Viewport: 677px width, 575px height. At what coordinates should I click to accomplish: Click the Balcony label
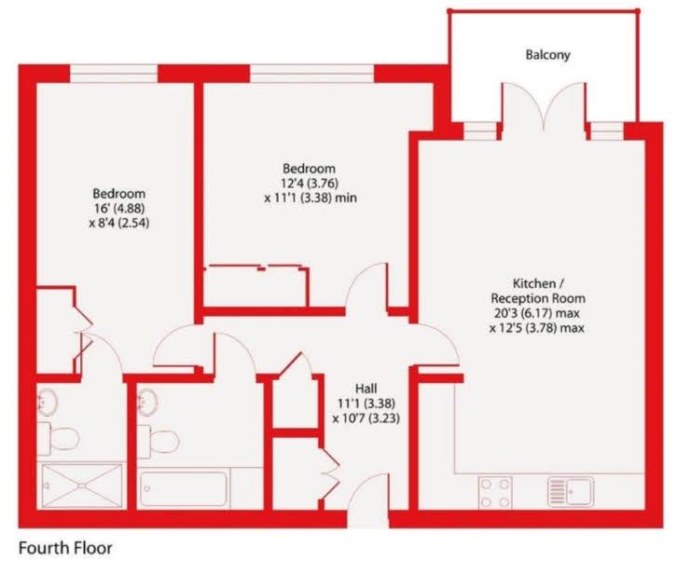[x=547, y=55]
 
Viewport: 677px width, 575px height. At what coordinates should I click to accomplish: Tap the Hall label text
[x=366, y=389]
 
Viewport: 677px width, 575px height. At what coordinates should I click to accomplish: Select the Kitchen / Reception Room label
[x=538, y=291]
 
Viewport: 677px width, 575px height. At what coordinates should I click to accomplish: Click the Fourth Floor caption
[x=65, y=548]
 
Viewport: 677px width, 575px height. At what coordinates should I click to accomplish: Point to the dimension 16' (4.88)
[x=119, y=209]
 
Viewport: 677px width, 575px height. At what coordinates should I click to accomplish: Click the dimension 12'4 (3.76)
[x=310, y=184]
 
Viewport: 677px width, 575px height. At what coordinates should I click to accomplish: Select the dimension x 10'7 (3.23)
[x=366, y=418]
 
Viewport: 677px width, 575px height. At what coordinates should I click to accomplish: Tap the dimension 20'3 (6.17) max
[x=537, y=313]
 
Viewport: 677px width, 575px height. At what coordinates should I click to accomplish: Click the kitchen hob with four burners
[x=495, y=492]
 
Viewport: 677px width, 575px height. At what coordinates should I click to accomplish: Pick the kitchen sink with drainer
[x=571, y=491]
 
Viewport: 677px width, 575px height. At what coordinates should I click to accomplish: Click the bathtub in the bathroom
[x=184, y=488]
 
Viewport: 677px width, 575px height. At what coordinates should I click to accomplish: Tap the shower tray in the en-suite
[x=82, y=486]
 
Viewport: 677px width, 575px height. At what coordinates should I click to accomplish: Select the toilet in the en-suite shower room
[x=59, y=438]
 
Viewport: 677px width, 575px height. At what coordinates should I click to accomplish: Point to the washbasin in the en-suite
[x=48, y=402]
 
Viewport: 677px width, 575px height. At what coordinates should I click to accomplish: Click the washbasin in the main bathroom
[x=147, y=402]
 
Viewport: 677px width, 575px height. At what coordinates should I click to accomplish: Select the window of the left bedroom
[x=114, y=74]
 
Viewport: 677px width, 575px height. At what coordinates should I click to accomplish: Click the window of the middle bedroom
[x=311, y=74]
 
